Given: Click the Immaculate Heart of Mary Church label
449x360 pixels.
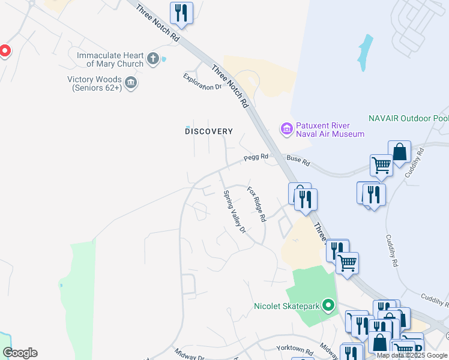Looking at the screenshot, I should point(110,59).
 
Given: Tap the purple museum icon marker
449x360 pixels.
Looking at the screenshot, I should point(286,129).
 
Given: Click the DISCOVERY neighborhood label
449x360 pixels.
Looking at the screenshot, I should point(208,131).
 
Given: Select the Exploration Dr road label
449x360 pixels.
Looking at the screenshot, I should point(202,81).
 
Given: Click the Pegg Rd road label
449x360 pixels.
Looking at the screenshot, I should point(256,158).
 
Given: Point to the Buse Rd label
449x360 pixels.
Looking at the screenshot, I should point(298,161).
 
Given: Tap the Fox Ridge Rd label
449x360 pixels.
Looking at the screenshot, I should point(256,204).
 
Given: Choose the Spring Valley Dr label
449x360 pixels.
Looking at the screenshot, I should point(235,212).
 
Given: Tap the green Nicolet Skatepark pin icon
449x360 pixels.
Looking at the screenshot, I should point(328,307).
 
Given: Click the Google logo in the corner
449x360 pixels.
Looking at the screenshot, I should point(20,353).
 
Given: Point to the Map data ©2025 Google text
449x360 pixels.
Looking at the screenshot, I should point(412,355).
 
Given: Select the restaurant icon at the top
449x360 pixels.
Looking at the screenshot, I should point(181,13).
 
